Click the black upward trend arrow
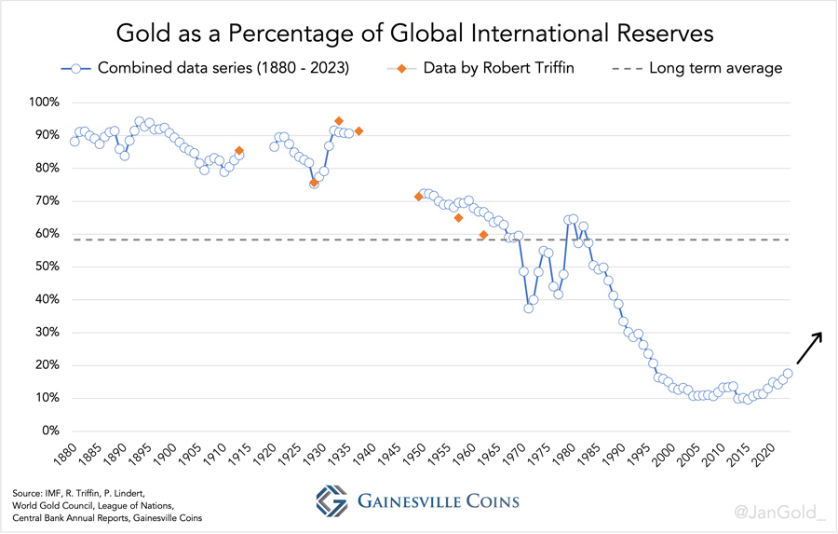coord(807,348)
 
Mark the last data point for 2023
coord(788,373)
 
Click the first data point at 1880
coord(74,142)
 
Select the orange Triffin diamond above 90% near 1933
coord(338,121)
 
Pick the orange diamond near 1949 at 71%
coord(418,197)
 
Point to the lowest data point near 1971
coord(529,308)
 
